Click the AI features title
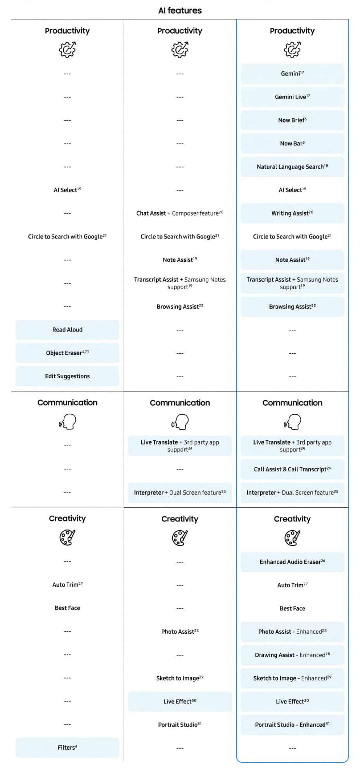click(x=180, y=10)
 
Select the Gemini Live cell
click(x=292, y=97)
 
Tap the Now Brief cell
click(x=292, y=120)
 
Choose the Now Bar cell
click(x=292, y=144)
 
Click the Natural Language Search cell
click(x=292, y=167)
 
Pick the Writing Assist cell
click(x=292, y=213)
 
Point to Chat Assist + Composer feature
click(x=180, y=213)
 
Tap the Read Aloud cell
click(x=67, y=330)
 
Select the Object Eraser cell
click(x=67, y=353)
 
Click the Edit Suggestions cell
click(x=67, y=376)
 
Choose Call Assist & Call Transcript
click(x=292, y=469)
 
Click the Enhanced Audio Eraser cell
click(x=292, y=562)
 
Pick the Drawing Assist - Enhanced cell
click(x=292, y=655)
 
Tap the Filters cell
click(x=67, y=748)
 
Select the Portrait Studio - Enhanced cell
click(x=292, y=725)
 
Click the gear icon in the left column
click(x=67, y=50)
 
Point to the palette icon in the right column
click(x=292, y=538)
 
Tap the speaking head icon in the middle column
click(x=180, y=422)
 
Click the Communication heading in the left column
click(x=67, y=402)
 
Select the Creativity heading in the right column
click(x=292, y=519)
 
